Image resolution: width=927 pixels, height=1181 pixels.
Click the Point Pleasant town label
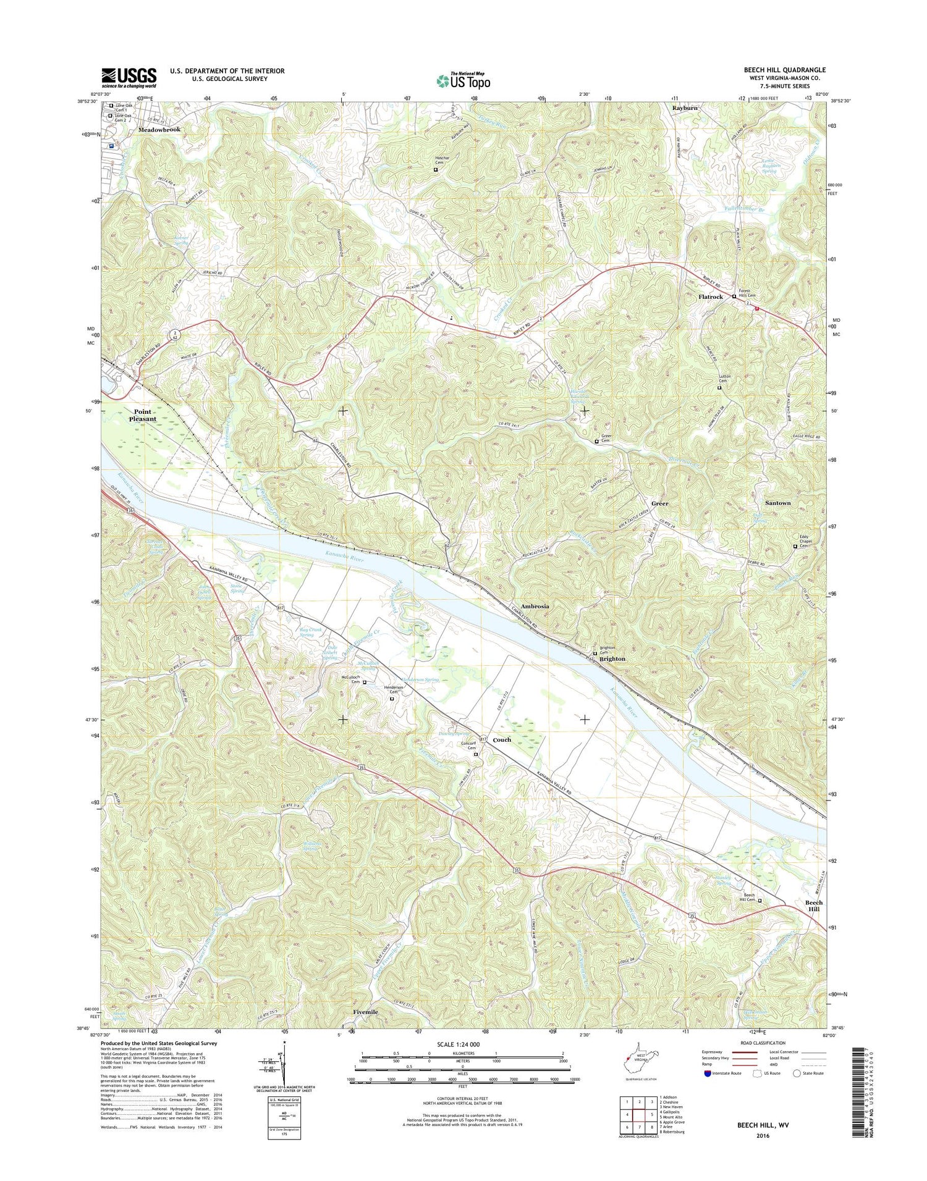click(x=142, y=415)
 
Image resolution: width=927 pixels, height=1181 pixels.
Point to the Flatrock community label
click(x=710, y=297)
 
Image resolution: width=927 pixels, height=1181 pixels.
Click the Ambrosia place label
click(x=535, y=606)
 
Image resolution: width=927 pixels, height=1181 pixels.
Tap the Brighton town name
click(x=612, y=658)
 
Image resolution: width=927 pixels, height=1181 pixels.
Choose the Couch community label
click(x=502, y=739)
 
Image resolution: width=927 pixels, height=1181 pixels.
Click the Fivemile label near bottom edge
click(x=365, y=1012)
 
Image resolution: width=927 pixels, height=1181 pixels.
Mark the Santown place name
click(x=777, y=503)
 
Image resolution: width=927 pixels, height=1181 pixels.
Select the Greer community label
click(x=659, y=503)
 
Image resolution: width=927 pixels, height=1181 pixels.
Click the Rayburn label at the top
click(x=685, y=107)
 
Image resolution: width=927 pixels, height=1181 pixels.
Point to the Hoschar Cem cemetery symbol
click(x=435, y=169)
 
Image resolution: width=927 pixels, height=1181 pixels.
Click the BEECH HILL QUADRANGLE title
click(x=784, y=70)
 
